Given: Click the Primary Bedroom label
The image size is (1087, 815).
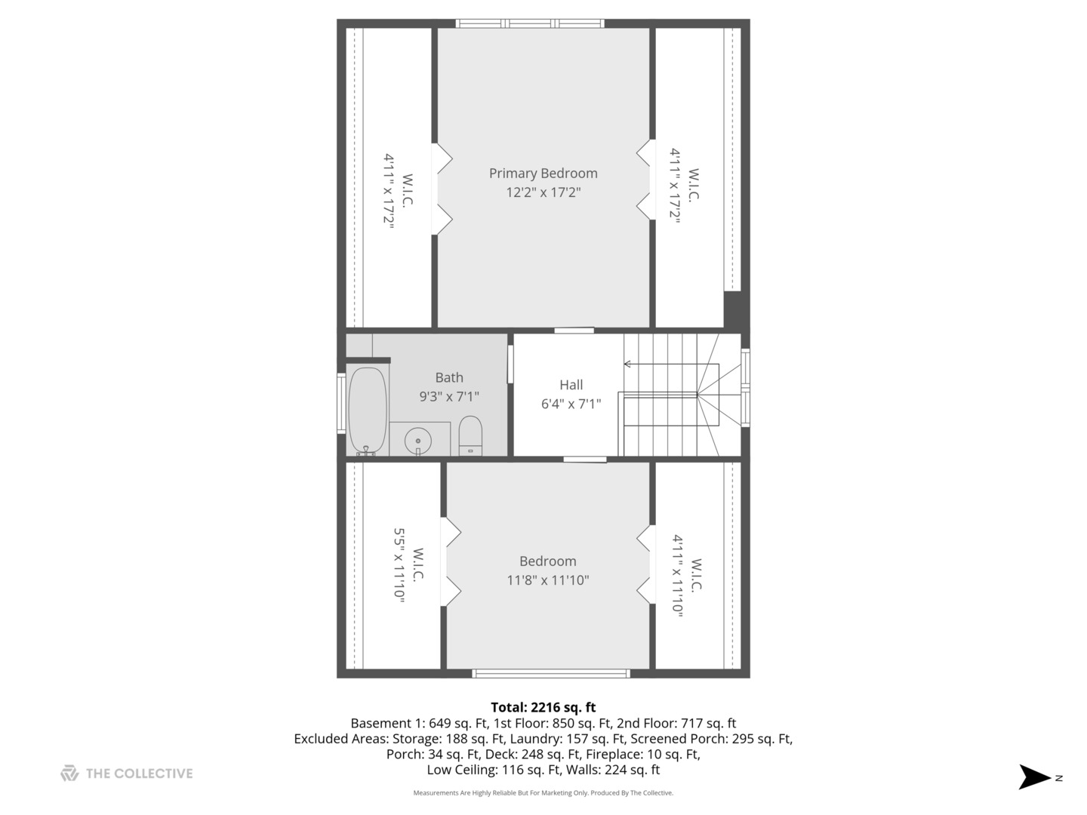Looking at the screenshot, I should [543, 174].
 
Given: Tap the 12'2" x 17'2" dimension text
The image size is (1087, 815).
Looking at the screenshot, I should [543, 192].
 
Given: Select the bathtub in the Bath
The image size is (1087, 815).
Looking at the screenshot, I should [367, 411].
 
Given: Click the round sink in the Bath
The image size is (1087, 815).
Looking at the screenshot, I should [417, 440].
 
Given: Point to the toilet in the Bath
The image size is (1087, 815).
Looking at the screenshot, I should [470, 435].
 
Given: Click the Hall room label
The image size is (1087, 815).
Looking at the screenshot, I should [571, 385].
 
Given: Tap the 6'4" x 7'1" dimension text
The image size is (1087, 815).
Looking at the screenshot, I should [571, 404].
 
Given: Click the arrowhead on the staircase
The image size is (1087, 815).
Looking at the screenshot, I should [627, 364].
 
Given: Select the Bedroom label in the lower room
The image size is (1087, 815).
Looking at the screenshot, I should [547, 561].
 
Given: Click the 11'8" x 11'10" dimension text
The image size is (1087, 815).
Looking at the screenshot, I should [547, 580].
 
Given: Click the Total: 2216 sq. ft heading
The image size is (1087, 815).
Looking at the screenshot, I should [543, 707].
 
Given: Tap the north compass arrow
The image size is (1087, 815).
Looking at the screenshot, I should [1034, 777].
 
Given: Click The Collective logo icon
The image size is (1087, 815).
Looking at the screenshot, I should [69, 773].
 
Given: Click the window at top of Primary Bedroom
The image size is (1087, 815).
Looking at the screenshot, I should [530, 24].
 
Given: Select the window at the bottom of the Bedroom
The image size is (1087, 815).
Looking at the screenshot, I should [550, 673].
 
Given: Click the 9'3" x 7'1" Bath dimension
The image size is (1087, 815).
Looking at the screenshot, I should [449, 396].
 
